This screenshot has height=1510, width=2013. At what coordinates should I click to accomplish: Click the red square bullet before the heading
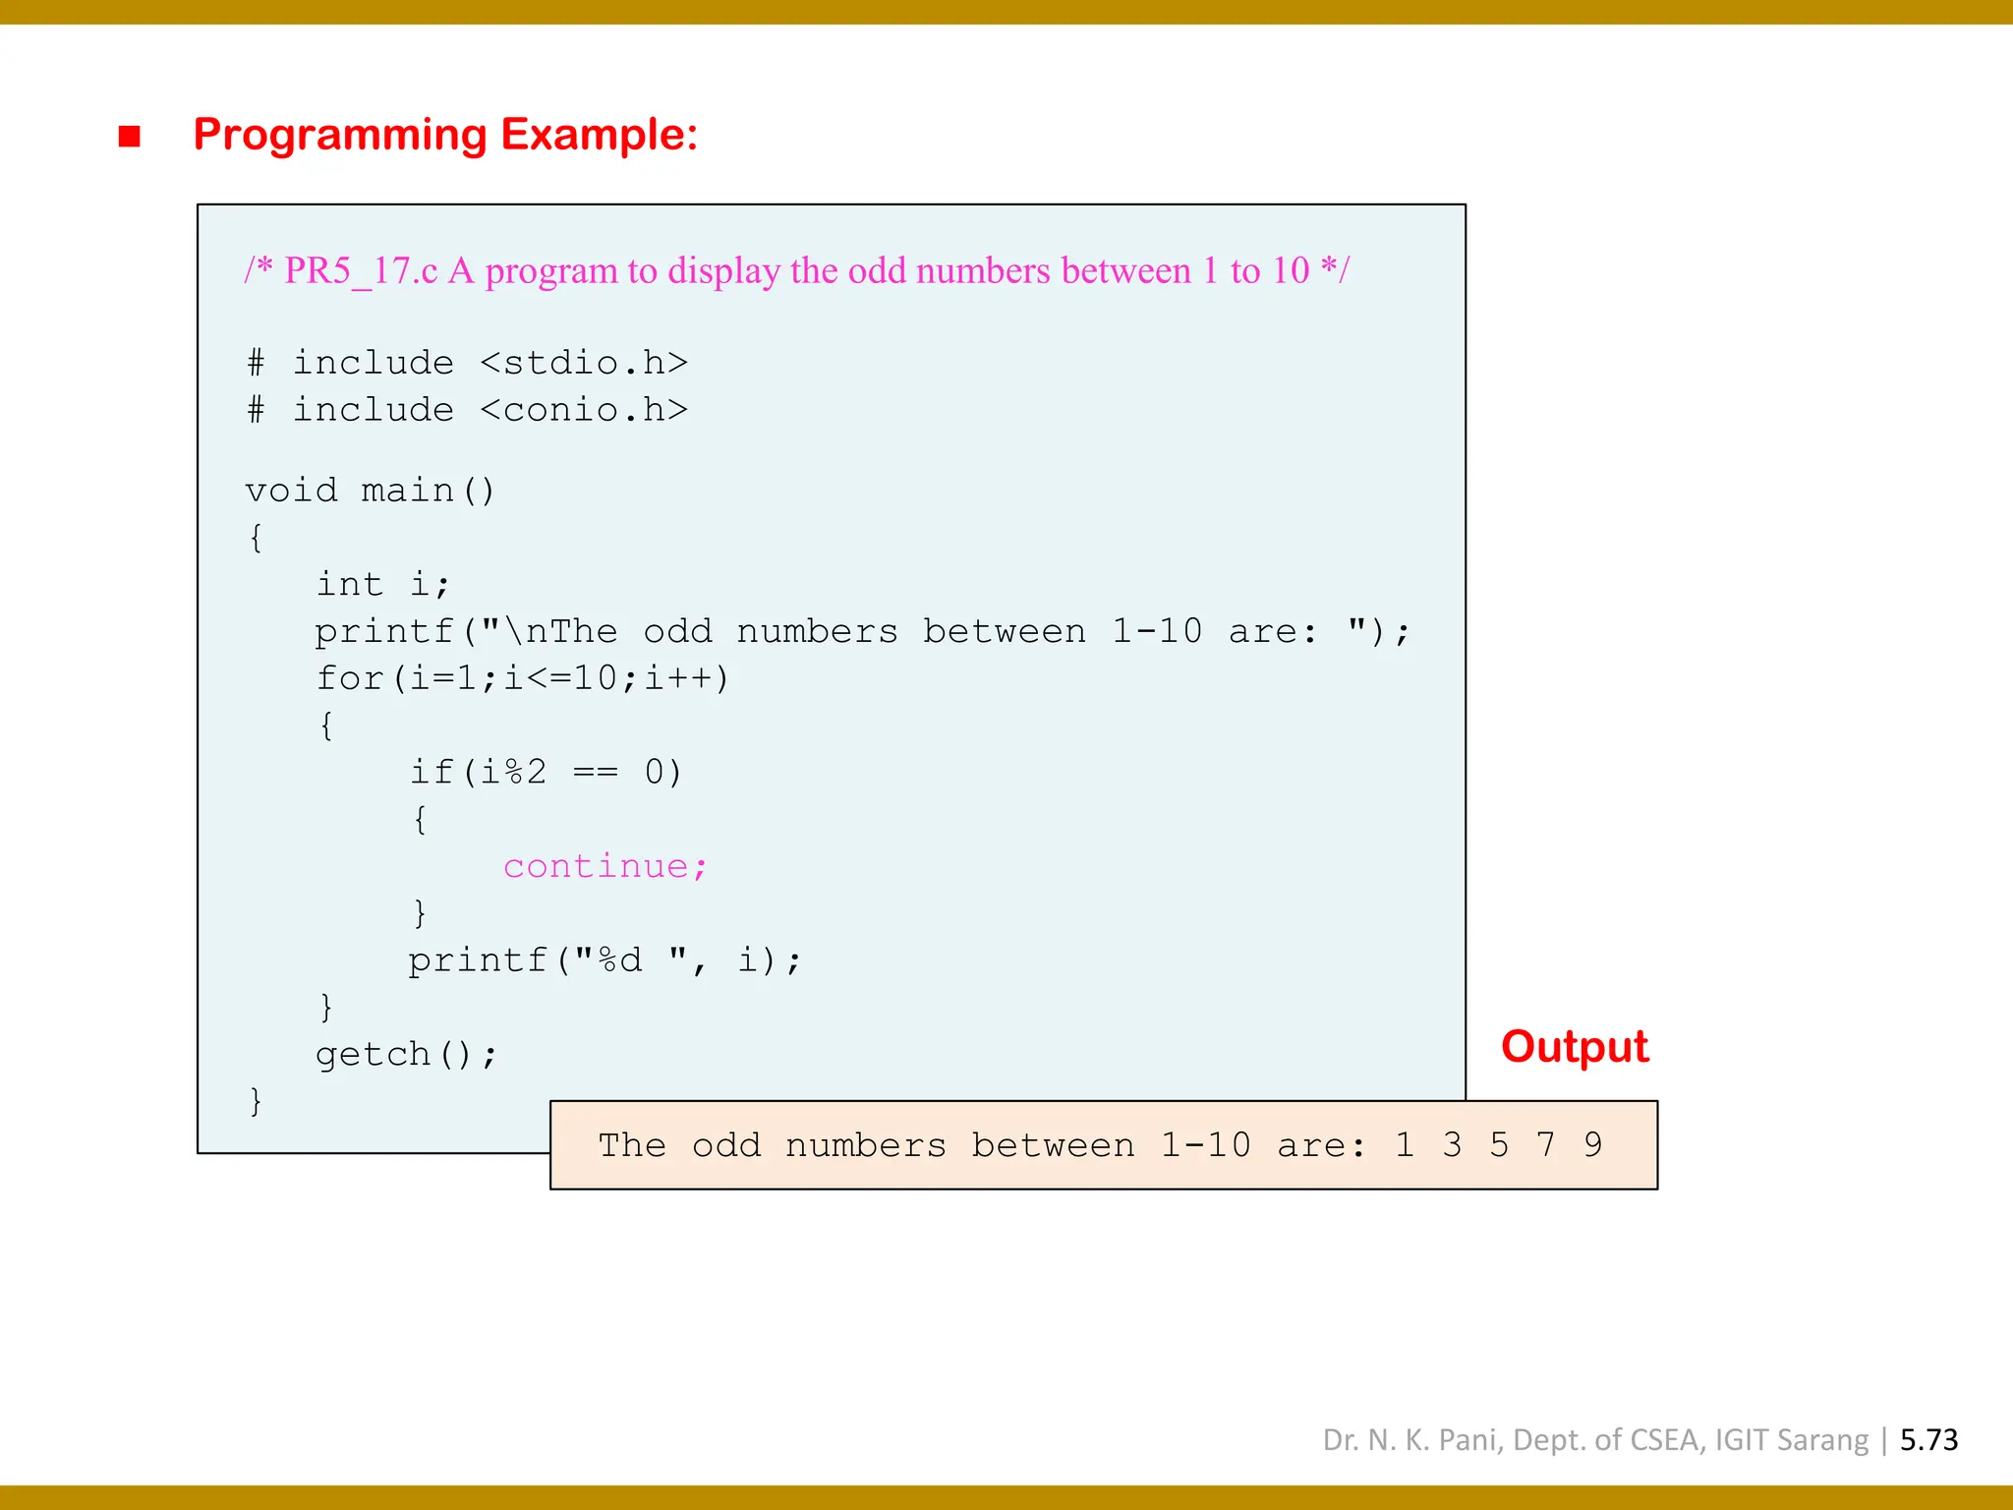coord(129,136)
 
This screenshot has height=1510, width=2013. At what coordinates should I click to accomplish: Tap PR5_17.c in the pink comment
coord(361,271)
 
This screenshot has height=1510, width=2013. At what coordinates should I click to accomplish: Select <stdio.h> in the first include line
coord(584,364)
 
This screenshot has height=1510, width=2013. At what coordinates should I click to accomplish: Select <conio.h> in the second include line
coord(584,411)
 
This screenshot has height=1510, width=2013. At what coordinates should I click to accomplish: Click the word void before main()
coord(291,491)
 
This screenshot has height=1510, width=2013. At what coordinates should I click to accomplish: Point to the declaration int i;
coord(382,585)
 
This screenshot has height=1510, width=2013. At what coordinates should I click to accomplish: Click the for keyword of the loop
coord(349,679)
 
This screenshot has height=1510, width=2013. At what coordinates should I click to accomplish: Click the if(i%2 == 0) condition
coord(546,773)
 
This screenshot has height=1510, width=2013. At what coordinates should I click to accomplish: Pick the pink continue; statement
coord(605,867)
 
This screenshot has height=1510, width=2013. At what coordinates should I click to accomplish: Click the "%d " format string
coord(631,960)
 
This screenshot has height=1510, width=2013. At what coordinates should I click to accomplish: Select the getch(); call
coord(406,1055)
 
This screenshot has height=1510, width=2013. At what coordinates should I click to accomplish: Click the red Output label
coord(1574,1047)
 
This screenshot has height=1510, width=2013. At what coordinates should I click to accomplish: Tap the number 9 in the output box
coord(1592,1145)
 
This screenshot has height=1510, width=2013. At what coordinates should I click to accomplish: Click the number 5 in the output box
coord(1498,1145)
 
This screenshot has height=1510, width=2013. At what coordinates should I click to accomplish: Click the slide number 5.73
coord(1928,1440)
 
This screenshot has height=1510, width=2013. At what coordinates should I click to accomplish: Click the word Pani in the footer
coord(1470,1440)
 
